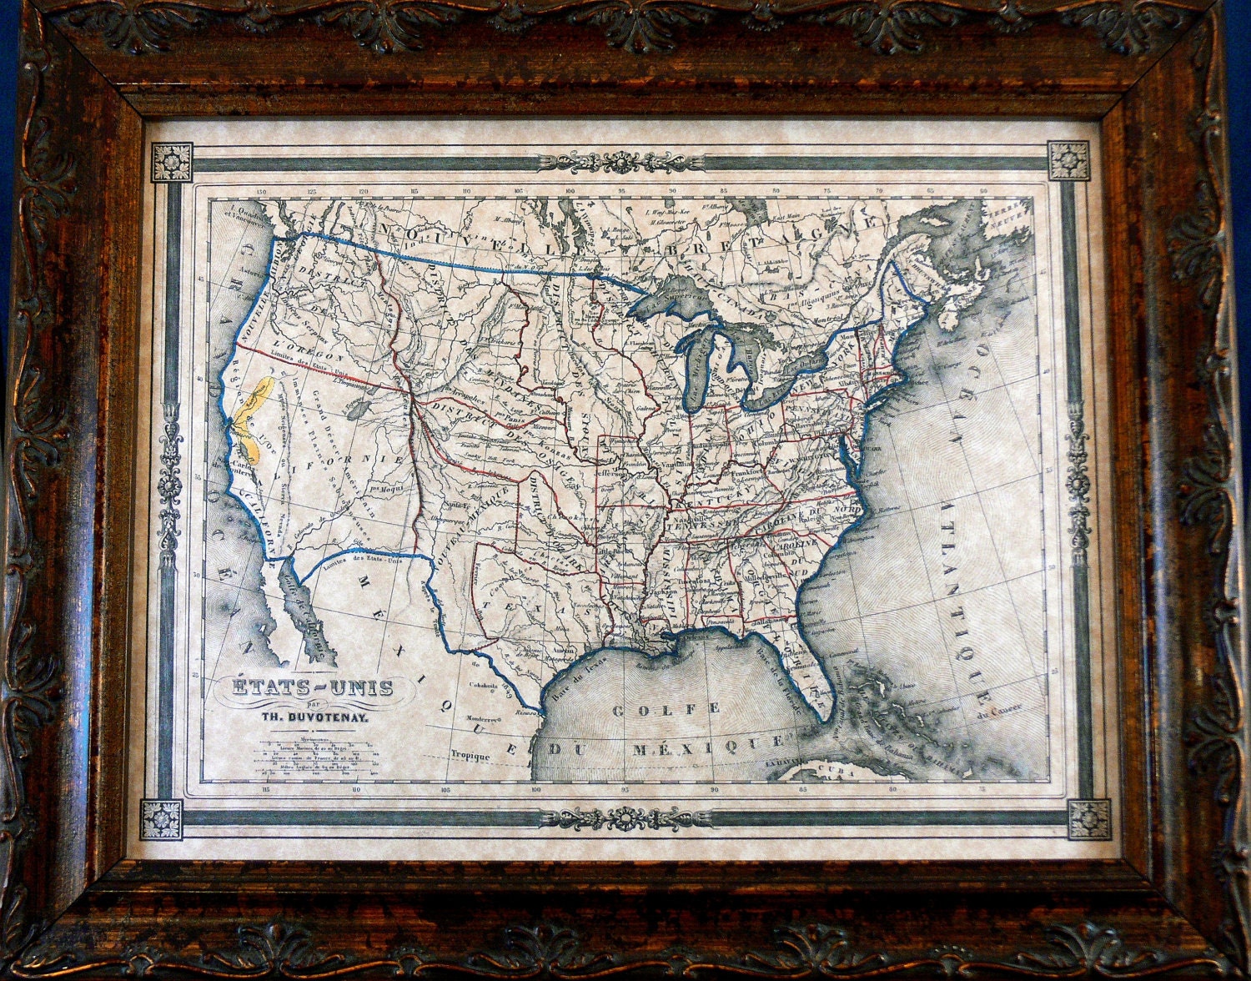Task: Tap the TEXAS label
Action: pyautogui.click(x=550, y=611)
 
